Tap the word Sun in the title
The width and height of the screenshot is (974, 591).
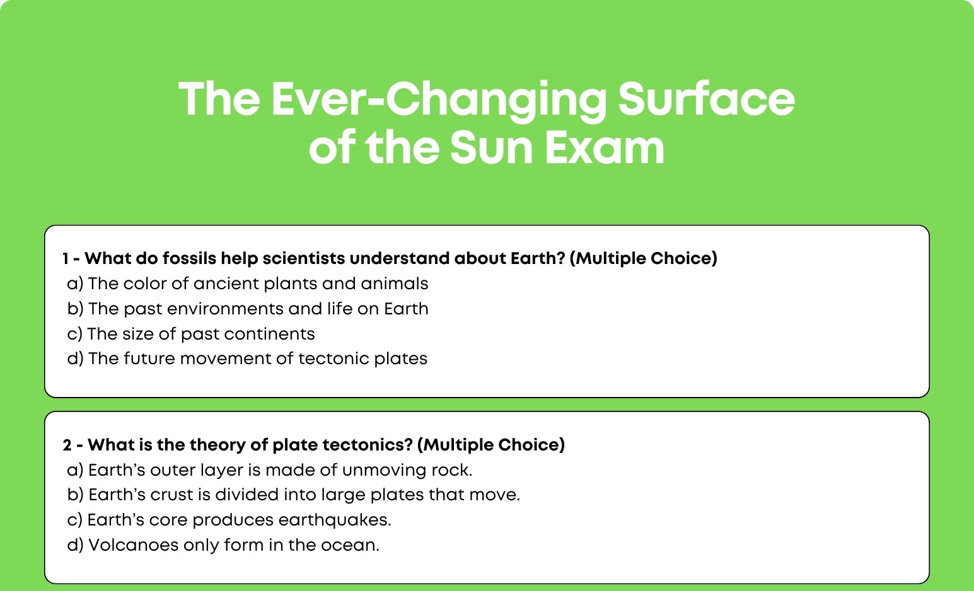click(492, 148)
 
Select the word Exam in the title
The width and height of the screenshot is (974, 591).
click(605, 148)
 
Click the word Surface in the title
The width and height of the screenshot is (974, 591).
click(706, 98)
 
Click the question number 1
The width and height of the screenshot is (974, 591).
click(66, 258)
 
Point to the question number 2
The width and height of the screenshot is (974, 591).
click(67, 445)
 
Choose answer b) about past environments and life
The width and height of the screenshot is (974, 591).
click(248, 309)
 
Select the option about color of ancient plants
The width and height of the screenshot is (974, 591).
click(248, 284)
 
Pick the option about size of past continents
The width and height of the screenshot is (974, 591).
click(191, 334)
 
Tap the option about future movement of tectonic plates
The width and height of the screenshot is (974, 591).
click(247, 359)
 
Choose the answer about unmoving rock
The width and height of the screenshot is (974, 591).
click(270, 470)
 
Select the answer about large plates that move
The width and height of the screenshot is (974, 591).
click(294, 495)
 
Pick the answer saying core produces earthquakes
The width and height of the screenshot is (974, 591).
click(229, 520)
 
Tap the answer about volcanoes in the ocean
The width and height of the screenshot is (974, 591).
click(223, 545)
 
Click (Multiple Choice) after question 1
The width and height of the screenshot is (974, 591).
click(643, 258)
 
